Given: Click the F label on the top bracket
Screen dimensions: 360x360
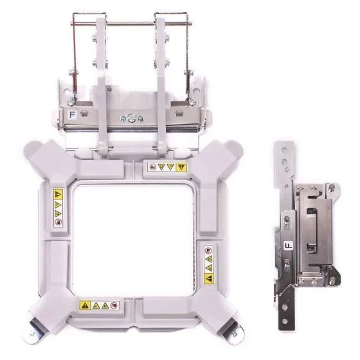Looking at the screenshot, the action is (73, 115).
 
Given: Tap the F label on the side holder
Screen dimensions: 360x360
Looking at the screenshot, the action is (289, 246).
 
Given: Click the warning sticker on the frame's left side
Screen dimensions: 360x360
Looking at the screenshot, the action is (58, 208).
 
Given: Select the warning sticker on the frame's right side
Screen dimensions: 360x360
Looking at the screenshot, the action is (209, 264).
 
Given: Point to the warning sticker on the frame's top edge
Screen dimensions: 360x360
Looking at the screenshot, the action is (167, 167).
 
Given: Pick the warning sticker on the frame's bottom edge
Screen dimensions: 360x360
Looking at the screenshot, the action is (99, 305).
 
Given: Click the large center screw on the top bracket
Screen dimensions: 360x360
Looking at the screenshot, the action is (131, 118).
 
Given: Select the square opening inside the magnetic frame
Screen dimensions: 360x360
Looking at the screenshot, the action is (133, 240).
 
